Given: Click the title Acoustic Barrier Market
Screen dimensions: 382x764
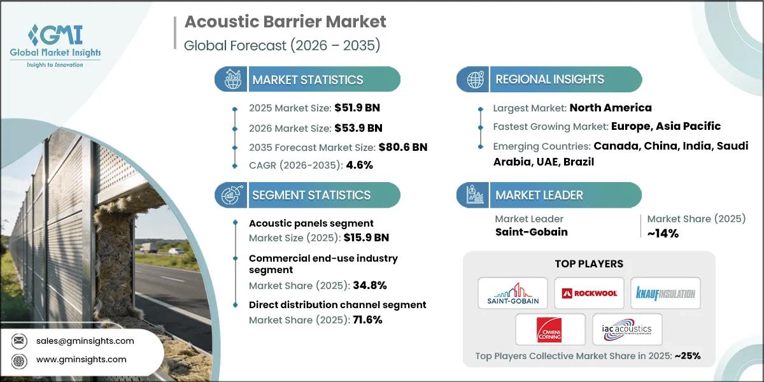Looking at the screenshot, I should coord(285,22).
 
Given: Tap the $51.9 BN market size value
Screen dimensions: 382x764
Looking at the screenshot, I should coord(358,108).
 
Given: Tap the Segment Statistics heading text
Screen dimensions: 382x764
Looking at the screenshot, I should coord(311,195).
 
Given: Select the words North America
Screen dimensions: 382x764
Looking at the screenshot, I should coord(611,108).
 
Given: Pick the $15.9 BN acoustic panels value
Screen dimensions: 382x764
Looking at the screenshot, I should coord(366,237).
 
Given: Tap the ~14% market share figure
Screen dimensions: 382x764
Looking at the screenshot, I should coord(663,233).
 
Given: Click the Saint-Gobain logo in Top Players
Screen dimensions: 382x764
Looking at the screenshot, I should coord(513,294).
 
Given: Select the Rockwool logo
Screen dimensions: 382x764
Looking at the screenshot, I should coord(589,294).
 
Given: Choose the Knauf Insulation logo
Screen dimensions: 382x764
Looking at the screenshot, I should coord(665,294).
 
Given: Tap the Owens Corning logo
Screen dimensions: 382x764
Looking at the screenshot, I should coord(551,329).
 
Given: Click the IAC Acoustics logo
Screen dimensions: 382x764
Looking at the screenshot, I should coord(627,329).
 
